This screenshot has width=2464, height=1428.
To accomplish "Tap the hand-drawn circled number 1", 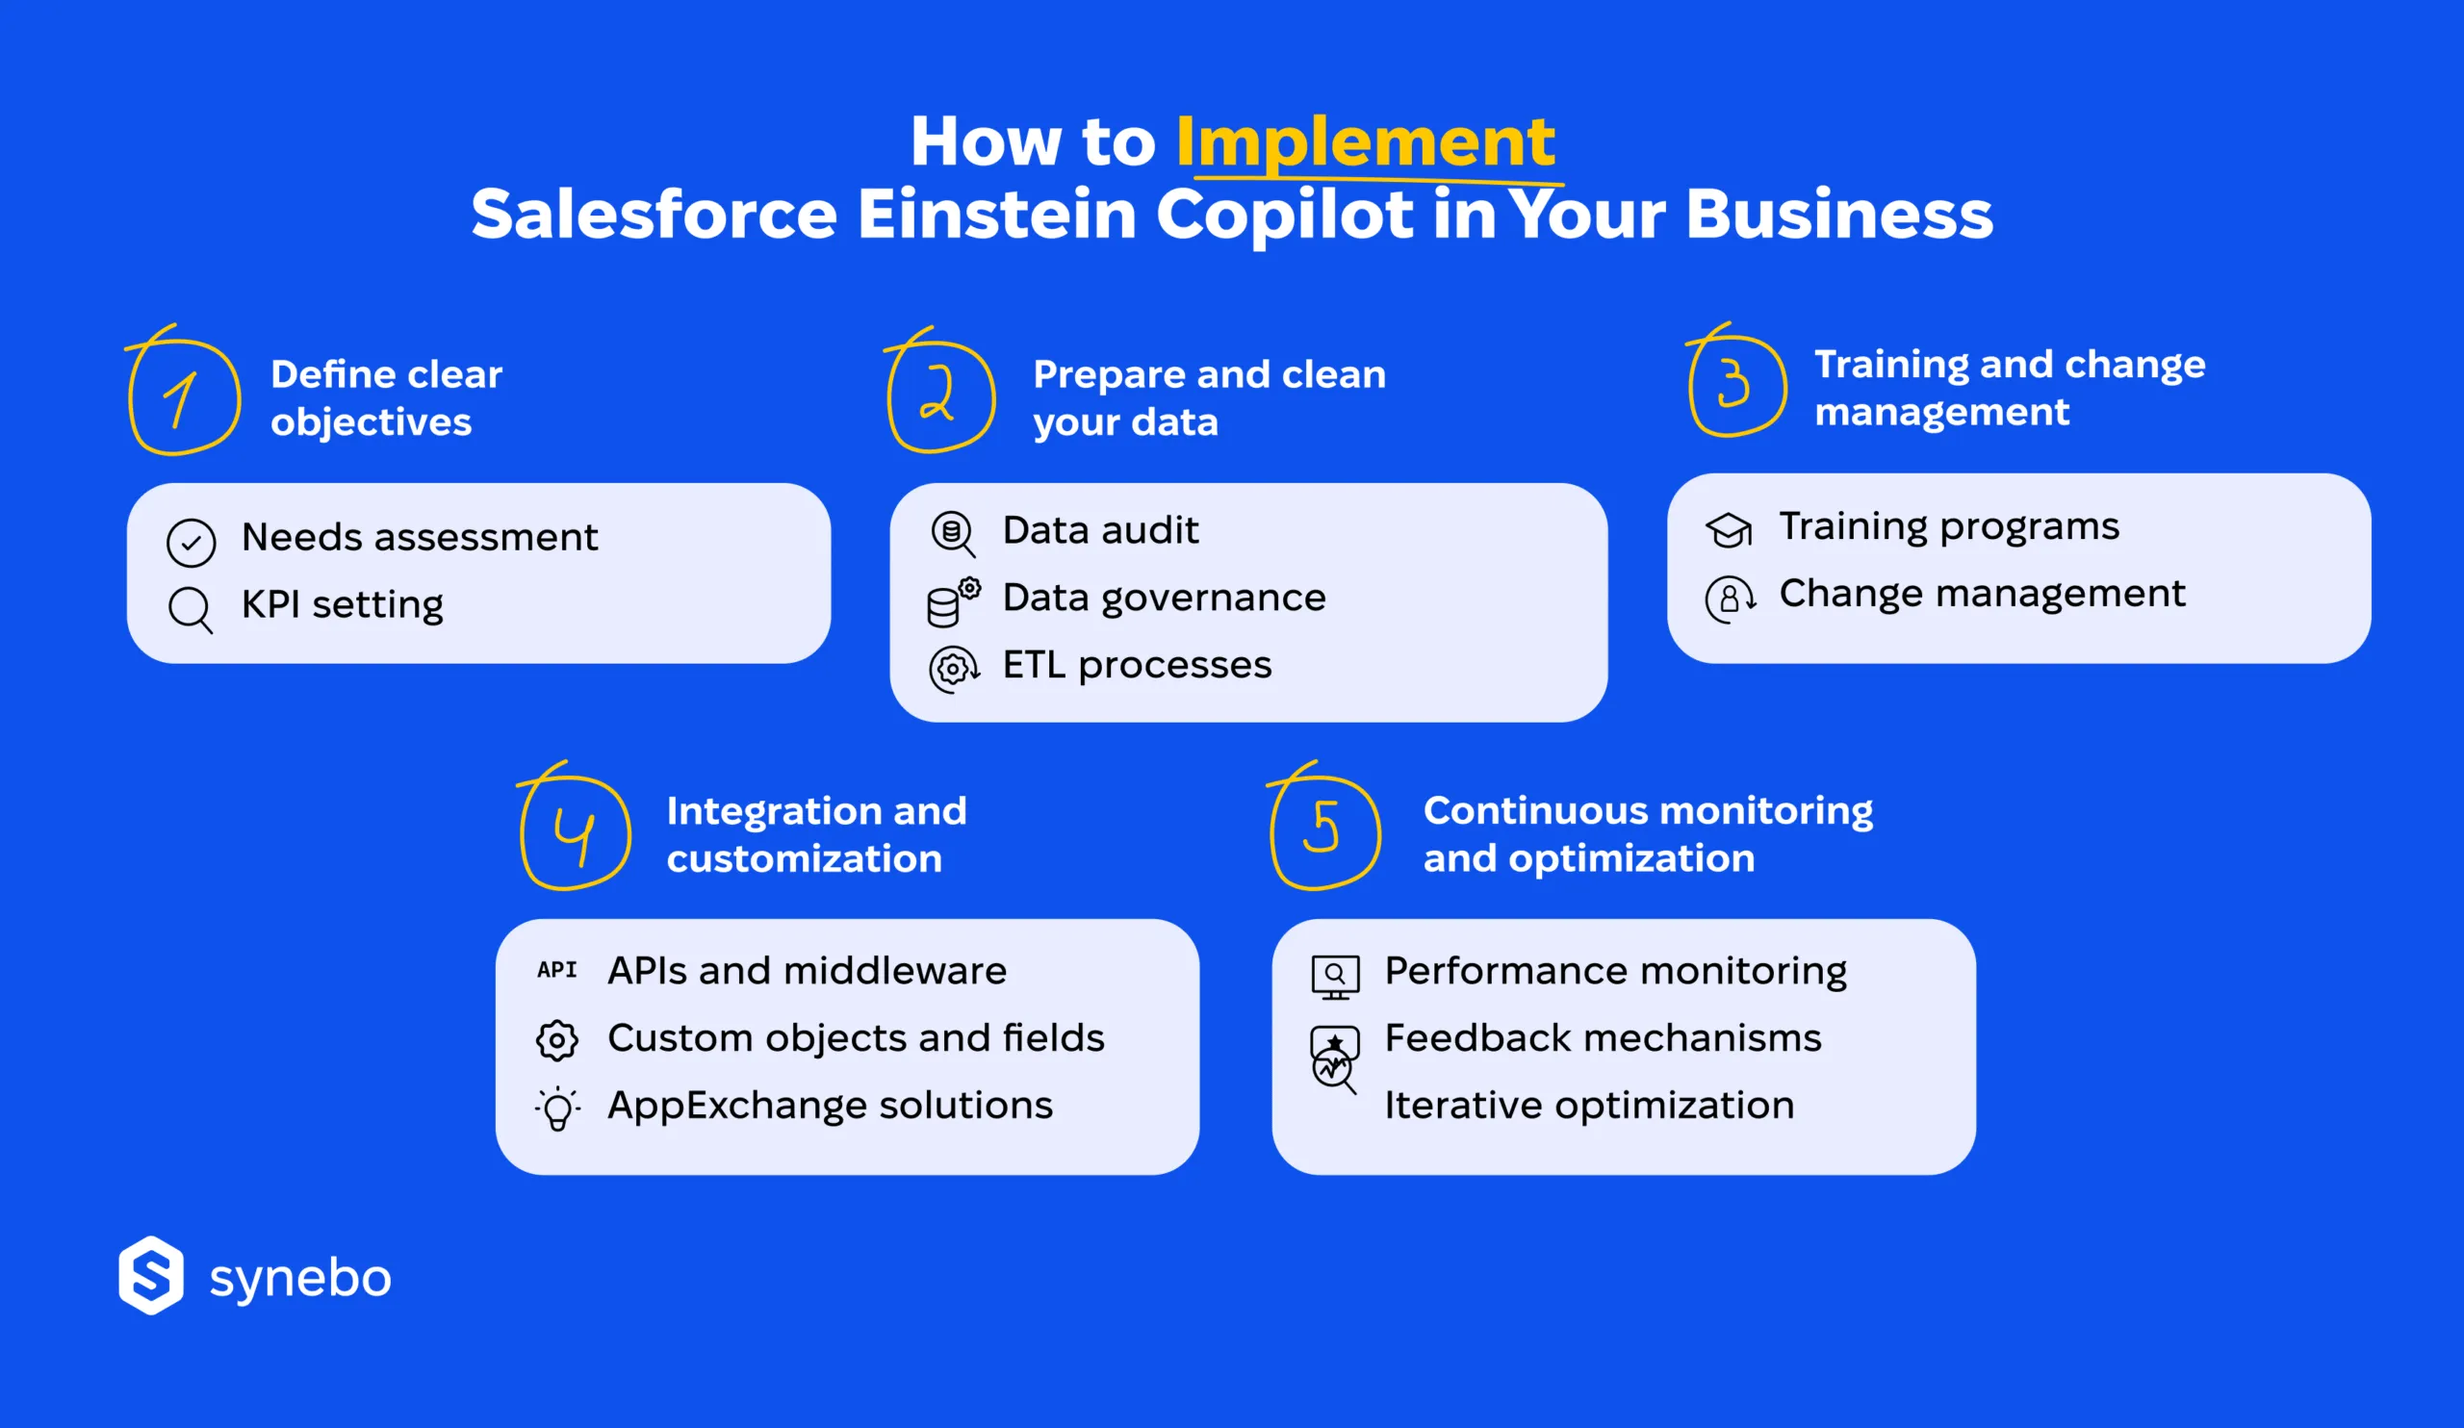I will (184, 396).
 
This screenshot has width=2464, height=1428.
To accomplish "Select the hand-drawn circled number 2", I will (940, 395).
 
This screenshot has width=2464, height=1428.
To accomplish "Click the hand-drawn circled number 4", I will (575, 832).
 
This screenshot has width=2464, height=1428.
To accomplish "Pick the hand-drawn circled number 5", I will (1323, 830).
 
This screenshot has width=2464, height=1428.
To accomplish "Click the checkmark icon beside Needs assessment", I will (191, 543).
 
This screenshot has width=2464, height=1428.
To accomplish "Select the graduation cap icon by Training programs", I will (1729, 530).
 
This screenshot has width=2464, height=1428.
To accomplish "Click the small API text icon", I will (556, 970).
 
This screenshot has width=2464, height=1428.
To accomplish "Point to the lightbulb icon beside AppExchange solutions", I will (557, 1109).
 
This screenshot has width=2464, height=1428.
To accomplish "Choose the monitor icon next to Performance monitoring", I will (1335, 977).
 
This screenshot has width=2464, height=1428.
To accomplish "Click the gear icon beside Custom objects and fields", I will (557, 1040).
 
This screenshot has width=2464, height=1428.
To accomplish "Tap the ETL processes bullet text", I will (1136, 666).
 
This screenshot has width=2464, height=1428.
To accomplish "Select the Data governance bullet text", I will (1164, 599).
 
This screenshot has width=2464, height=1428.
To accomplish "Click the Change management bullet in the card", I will (1981, 595).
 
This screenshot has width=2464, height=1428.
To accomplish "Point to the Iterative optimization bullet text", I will (1589, 1106).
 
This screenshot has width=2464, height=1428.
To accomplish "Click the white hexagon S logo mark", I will (150, 1275).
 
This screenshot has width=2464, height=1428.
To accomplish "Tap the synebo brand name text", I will (300, 1279).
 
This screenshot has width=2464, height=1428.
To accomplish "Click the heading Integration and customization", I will (815, 833).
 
